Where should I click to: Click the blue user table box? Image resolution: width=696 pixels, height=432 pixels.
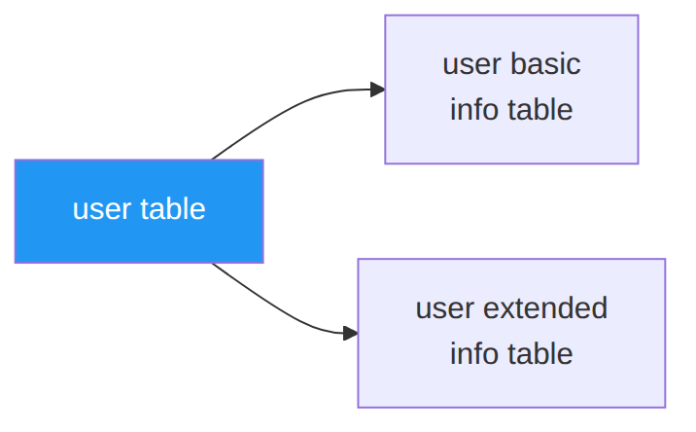tap(139, 211)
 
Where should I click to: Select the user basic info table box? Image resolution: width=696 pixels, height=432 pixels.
tap(511, 90)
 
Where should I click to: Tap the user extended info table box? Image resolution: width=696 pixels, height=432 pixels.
tap(511, 333)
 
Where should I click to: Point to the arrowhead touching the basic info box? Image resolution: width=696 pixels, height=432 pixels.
tap(377, 90)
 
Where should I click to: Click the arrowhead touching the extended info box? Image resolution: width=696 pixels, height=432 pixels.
tap(350, 334)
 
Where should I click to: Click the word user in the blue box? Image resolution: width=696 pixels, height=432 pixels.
tap(102, 209)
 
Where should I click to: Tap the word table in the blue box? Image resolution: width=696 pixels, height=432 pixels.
tap(173, 208)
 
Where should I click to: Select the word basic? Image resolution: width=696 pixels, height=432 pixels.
tap(545, 64)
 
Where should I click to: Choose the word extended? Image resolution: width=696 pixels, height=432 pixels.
tap(545, 307)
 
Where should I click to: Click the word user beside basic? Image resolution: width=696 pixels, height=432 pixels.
tap(471, 65)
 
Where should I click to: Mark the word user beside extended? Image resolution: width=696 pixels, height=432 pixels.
tap(445, 308)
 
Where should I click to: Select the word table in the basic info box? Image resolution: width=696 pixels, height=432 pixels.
tap(540, 109)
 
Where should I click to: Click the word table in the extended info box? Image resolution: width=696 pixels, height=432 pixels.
tap(540, 353)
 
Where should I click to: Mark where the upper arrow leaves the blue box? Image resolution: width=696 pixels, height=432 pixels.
tap(212, 160)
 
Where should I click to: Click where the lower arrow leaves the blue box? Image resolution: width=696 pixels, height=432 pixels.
tap(212, 264)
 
